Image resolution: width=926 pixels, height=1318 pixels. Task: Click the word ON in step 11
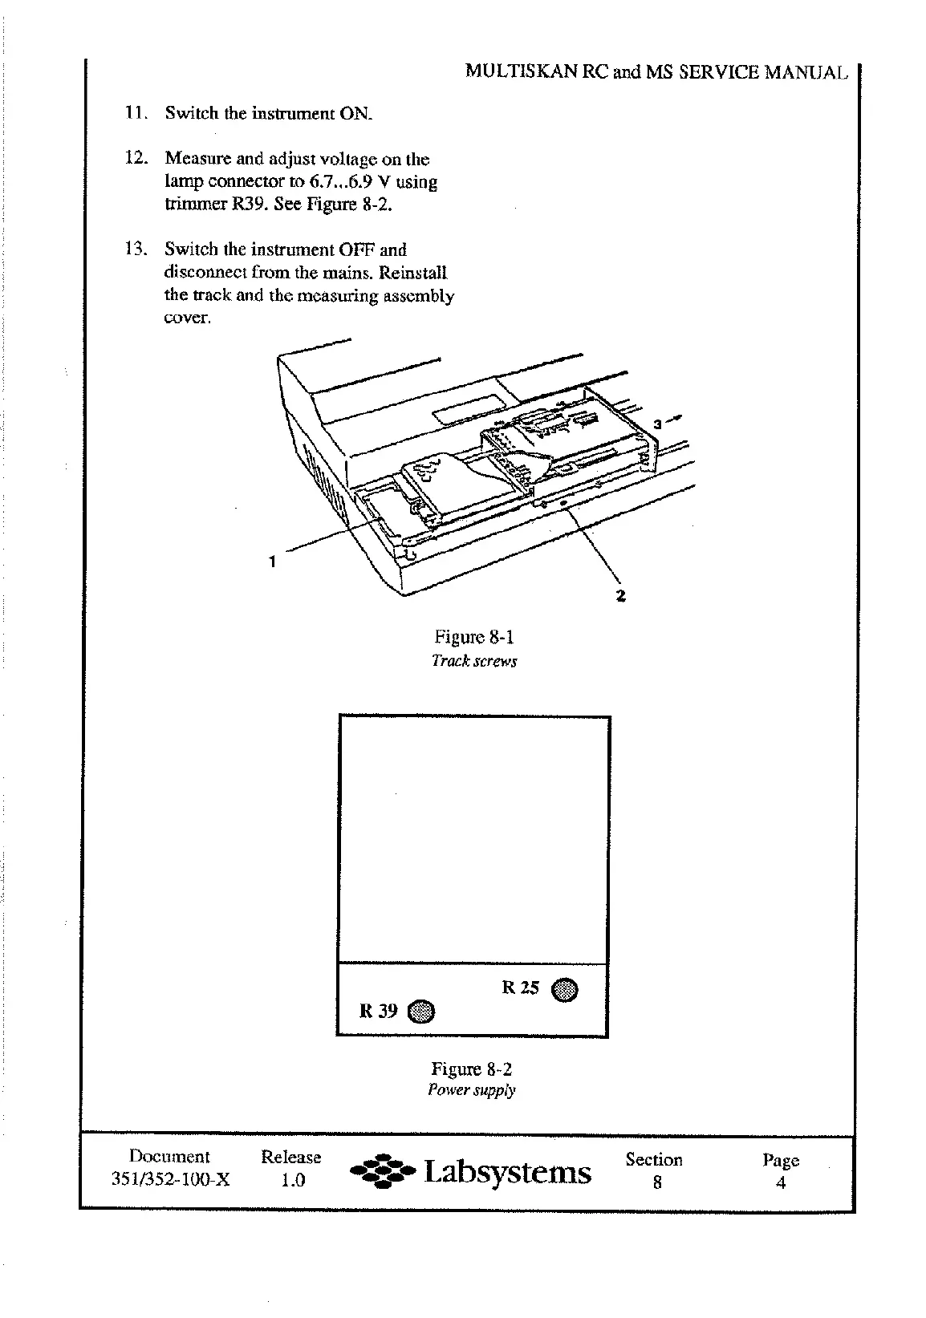click(x=356, y=113)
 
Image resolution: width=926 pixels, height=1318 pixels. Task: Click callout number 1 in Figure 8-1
click(x=273, y=562)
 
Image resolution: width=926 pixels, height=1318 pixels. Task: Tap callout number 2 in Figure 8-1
click(x=620, y=595)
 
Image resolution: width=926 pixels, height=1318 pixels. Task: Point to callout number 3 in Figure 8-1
click(x=656, y=423)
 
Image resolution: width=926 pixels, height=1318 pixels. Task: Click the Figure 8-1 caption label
click(x=473, y=638)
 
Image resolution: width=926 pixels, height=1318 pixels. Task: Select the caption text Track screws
click(x=473, y=661)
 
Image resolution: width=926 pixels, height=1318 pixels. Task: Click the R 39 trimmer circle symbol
click(x=421, y=1012)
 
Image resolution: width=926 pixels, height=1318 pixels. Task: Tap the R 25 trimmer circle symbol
click(x=566, y=990)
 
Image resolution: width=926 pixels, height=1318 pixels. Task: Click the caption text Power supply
click(x=472, y=1090)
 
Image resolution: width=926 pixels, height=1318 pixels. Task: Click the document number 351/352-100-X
click(x=169, y=1180)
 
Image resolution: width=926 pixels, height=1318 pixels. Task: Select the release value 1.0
click(x=292, y=1180)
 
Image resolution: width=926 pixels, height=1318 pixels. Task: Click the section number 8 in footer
click(x=656, y=1182)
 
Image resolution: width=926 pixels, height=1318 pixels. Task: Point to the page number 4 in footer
click(x=780, y=1182)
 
